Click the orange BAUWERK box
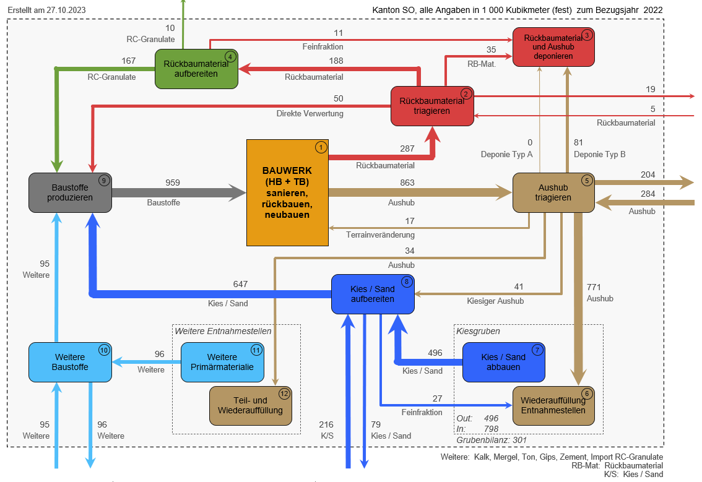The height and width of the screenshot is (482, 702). click(287, 192)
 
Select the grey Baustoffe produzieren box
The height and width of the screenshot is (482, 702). click(70, 192)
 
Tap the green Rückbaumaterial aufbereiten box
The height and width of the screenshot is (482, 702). click(196, 68)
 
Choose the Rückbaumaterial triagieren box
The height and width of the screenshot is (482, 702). click(431, 106)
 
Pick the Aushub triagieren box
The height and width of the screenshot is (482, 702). click(553, 192)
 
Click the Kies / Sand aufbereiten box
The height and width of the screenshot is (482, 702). click(372, 293)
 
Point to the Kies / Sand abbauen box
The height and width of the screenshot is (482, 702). click(503, 362)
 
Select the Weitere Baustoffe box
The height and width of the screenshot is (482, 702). click(70, 362)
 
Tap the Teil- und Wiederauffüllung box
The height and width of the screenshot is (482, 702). click(250, 405)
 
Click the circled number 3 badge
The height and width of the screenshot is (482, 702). click(587, 35)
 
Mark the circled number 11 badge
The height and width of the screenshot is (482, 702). click(256, 350)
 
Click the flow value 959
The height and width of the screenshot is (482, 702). click(173, 183)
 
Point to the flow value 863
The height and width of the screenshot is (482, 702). click(407, 183)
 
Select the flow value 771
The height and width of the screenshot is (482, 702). click(594, 287)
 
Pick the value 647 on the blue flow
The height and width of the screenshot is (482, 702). click(240, 284)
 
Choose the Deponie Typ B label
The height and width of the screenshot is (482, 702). click(599, 154)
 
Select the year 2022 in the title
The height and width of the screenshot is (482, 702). click(653, 11)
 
